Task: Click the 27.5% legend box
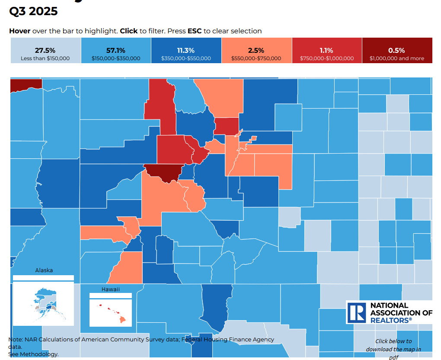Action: click(45, 51)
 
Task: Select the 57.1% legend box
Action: click(115, 51)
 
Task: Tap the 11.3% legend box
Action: click(186, 51)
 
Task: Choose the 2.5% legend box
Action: click(256, 51)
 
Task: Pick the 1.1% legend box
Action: click(326, 51)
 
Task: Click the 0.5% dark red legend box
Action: click(396, 51)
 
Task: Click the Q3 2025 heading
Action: click(33, 11)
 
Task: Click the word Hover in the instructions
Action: click(19, 31)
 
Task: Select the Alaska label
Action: click(44, 270)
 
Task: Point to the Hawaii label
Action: click(110, 289)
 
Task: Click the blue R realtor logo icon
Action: click(358, 312)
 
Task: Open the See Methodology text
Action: click(33, 354)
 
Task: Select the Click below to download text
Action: click(393, 345)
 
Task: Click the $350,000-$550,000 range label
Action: click(186, 58)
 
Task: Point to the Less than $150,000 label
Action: click(45, 58)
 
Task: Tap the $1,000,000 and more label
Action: click(396, 58)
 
